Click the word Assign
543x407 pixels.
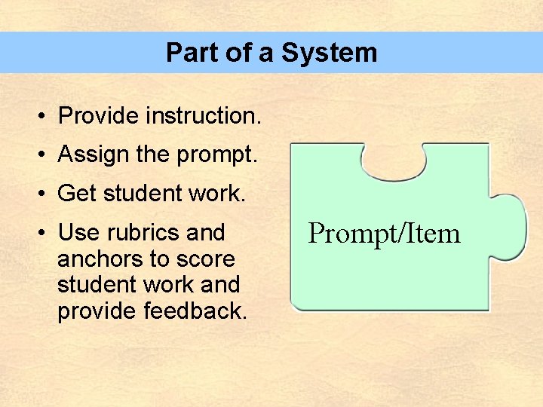(94, 155)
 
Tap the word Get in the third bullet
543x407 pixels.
(77, 194)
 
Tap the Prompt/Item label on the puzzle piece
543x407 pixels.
(385, 234)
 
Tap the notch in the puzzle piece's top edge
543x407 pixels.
(394, 161)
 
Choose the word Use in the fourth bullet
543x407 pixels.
(77, 233)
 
